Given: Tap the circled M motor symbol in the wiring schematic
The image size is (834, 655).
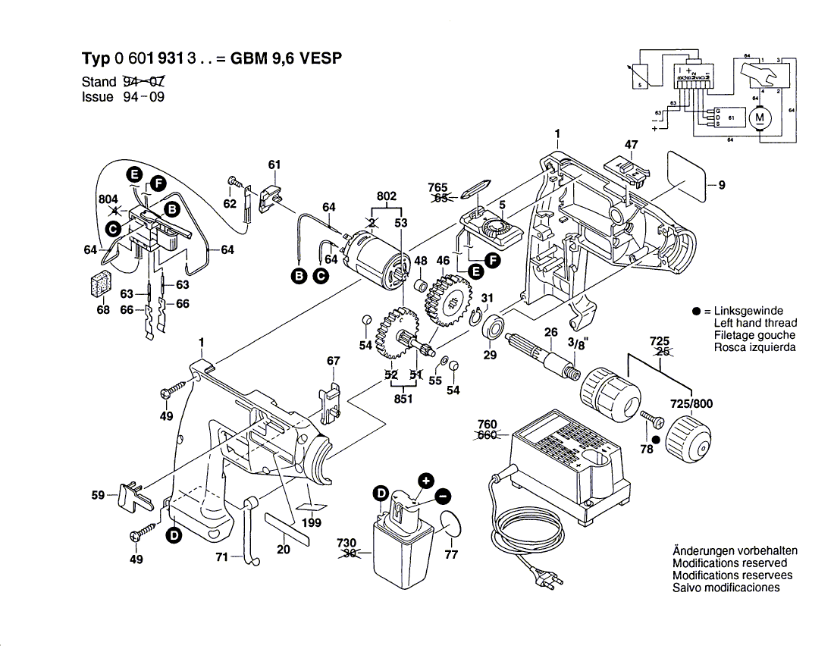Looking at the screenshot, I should click(759, 118).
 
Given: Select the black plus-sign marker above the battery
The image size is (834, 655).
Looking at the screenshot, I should click(426, 480).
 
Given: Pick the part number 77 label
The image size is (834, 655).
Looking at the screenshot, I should click(451, 555).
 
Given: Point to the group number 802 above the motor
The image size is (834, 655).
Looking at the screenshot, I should click(386, 196).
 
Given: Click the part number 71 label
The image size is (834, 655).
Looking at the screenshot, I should click(221, 557).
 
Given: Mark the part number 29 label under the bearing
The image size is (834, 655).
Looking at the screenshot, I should click(490, 354).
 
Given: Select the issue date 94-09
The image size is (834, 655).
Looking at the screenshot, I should click(143, 97).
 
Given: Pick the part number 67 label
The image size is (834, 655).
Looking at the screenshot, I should click(333, 362).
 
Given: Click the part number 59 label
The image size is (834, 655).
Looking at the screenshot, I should click(98, 495).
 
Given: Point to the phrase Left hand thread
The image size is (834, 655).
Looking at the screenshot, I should click(755, 324).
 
